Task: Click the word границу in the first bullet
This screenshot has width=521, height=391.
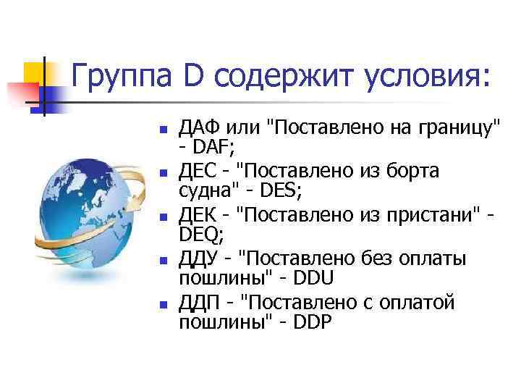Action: coord(457,130)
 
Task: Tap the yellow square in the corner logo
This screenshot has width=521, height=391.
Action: coord(36,74)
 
